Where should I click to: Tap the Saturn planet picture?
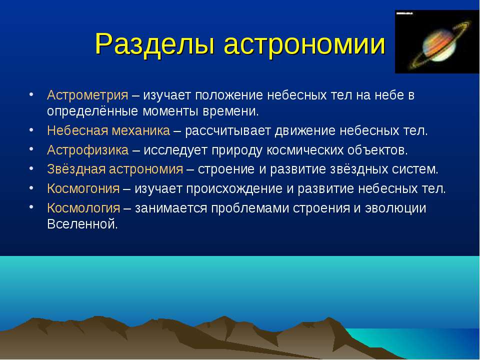pyautogui.click(x=437, y=41)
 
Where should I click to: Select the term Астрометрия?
pyautogui.click(x=87, y=95)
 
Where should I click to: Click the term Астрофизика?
pyautogui.click(x=87, y=150)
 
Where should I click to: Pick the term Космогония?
pyautogui.click(x=83, y=188)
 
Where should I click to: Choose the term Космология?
pyautogui.click(x=83, y=208)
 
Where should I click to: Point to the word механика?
pyautogui.click(x=140, y=130)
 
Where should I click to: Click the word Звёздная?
pyautogui.click(x=76, y=169)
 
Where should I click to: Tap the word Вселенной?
pyautogui.click(x=82, y=224)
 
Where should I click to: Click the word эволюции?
pyautogui.click(x=395, y=208)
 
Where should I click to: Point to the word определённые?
pyautogui.click(x=93, y=111)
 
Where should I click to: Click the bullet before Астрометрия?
pyautogui.click(x=31, y=94)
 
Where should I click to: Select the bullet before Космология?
pyautogui.click(x=31, y=207)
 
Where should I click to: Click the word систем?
pyautogui.click(x=415, y=169)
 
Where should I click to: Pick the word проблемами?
pyautogui.click(x=250, y=208)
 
